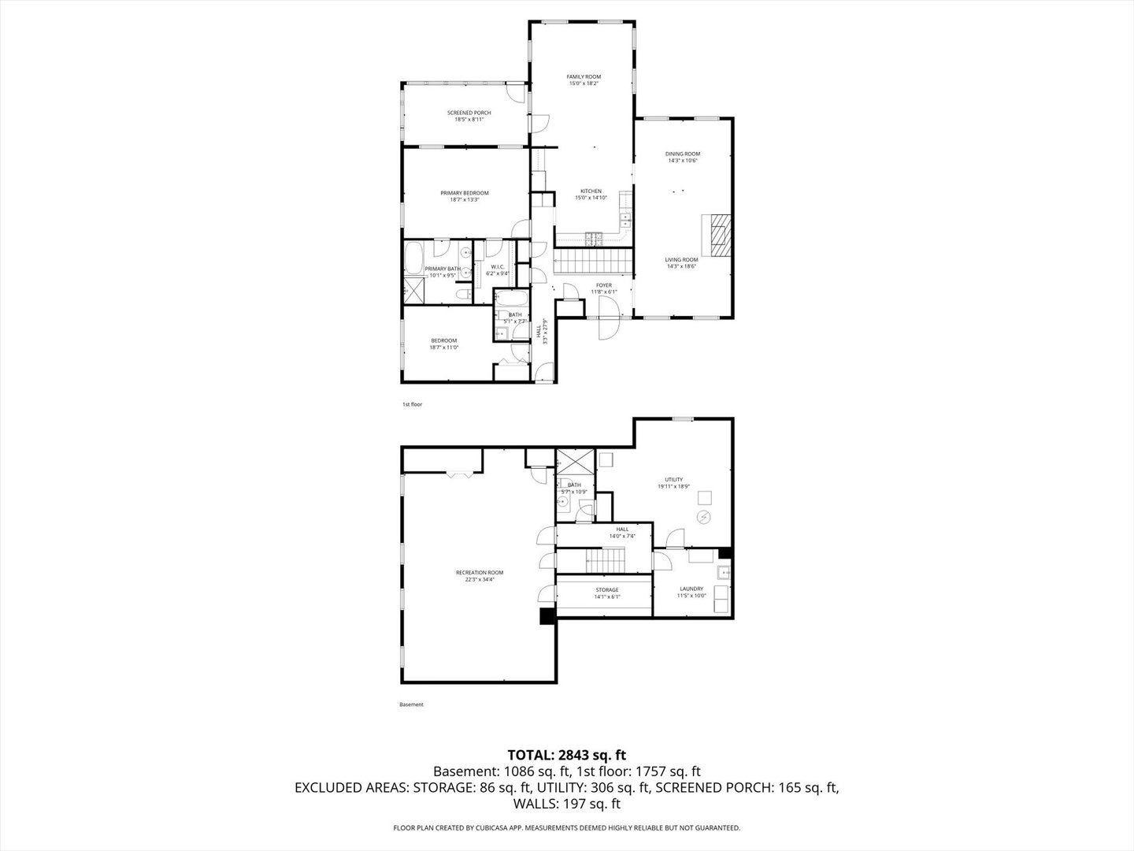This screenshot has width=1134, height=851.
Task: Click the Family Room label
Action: coord(584,76)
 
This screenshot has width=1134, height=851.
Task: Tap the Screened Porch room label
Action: coord(469,113)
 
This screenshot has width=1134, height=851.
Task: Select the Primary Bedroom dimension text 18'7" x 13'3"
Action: coord(464,200)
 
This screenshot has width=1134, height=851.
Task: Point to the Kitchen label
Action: coord(591,191)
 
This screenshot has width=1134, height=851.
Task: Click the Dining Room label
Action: coord(682,154)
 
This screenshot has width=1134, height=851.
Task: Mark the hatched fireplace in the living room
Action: coord(718,235)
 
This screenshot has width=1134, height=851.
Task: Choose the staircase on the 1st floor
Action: coord(595,259)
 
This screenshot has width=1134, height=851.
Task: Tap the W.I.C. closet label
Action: coord(498,266)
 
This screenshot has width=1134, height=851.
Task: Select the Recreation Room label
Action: coord(479,573)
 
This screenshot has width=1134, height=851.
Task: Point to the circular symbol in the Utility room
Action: coord(704,516)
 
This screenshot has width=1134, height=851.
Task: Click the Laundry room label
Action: coord(691,589)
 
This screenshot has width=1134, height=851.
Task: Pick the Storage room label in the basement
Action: coord(606,589)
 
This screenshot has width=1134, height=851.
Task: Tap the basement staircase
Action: coord(605,562)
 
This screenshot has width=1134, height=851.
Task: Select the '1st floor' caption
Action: coord(412,404)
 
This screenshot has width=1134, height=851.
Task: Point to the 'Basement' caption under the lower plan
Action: coord(411,704)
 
